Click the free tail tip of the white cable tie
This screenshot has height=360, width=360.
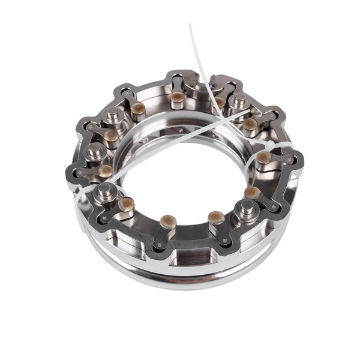[x=190, y=25]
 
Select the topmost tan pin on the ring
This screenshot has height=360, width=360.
[x=177, y=97]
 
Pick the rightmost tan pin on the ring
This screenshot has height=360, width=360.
[x=265, y=158]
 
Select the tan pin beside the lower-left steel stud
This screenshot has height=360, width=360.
[x=126, y=203]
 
